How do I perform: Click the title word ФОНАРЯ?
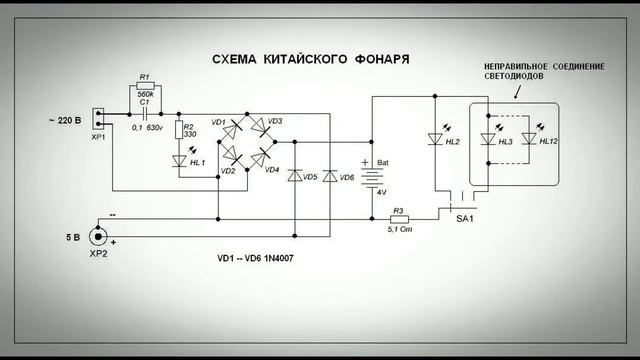[x=382, y=59]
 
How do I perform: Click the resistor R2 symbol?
[x=179, y=130]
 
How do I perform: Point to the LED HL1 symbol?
[x=179, y=160]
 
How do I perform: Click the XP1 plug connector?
[x=98, y=119]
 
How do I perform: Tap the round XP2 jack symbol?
[x=98, y=236]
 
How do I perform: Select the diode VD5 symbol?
[x=296, y=176]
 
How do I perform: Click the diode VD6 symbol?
[x=331, y=176]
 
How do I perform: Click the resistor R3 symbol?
[x=397, y=219]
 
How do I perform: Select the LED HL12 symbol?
[x=527, y=140]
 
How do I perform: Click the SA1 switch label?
[x=463, y=219]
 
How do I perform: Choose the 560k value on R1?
[x=146, y=87]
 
